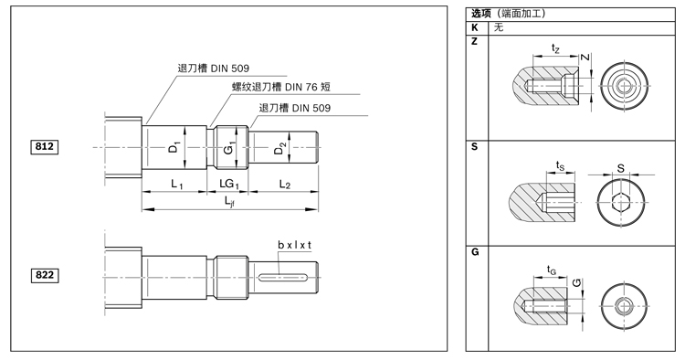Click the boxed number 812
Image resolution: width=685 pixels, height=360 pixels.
pyautogui.click(x=44, y=146)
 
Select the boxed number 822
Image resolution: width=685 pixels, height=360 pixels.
pyautogui.click(x=44, y=275)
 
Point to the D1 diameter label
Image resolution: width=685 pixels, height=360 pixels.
pyautogui.click(x=174, y=148)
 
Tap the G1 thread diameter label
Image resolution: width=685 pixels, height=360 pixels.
pyautogui.click(x=230, y=148)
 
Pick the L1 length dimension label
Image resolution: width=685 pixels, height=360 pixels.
pyautogui.click(x=176, y=185)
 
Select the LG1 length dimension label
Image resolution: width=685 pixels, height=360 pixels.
pyautogui.click(x=229, y=184)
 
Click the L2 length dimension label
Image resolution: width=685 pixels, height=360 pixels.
pyautogui.click(x=284, y=185)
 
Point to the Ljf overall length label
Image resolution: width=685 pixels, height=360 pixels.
pyautogui.click(x=229, y=201)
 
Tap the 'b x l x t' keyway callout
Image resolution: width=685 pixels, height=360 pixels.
pyautogui.click(x=294, y=245)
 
